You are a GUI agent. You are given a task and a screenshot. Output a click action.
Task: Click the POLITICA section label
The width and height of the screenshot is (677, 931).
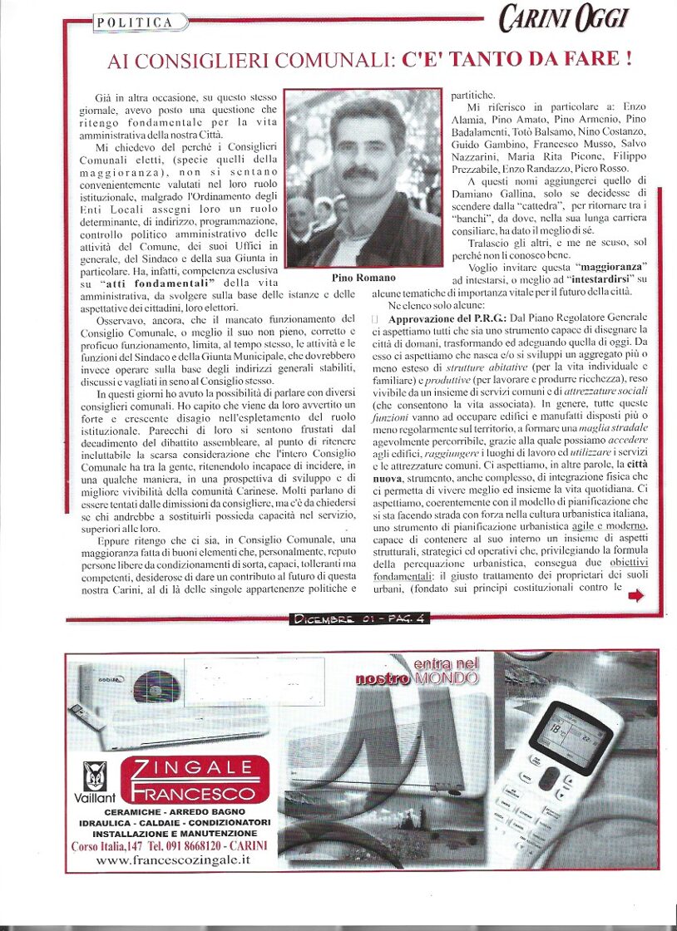pos(135,22)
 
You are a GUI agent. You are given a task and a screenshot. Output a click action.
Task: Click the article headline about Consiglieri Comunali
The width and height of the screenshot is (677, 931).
pos(370,60)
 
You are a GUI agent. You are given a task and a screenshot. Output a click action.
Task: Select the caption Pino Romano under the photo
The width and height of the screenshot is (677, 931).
pos(363,277)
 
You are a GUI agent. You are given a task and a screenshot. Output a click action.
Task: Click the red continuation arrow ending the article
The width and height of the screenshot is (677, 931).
pos(635,594)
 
